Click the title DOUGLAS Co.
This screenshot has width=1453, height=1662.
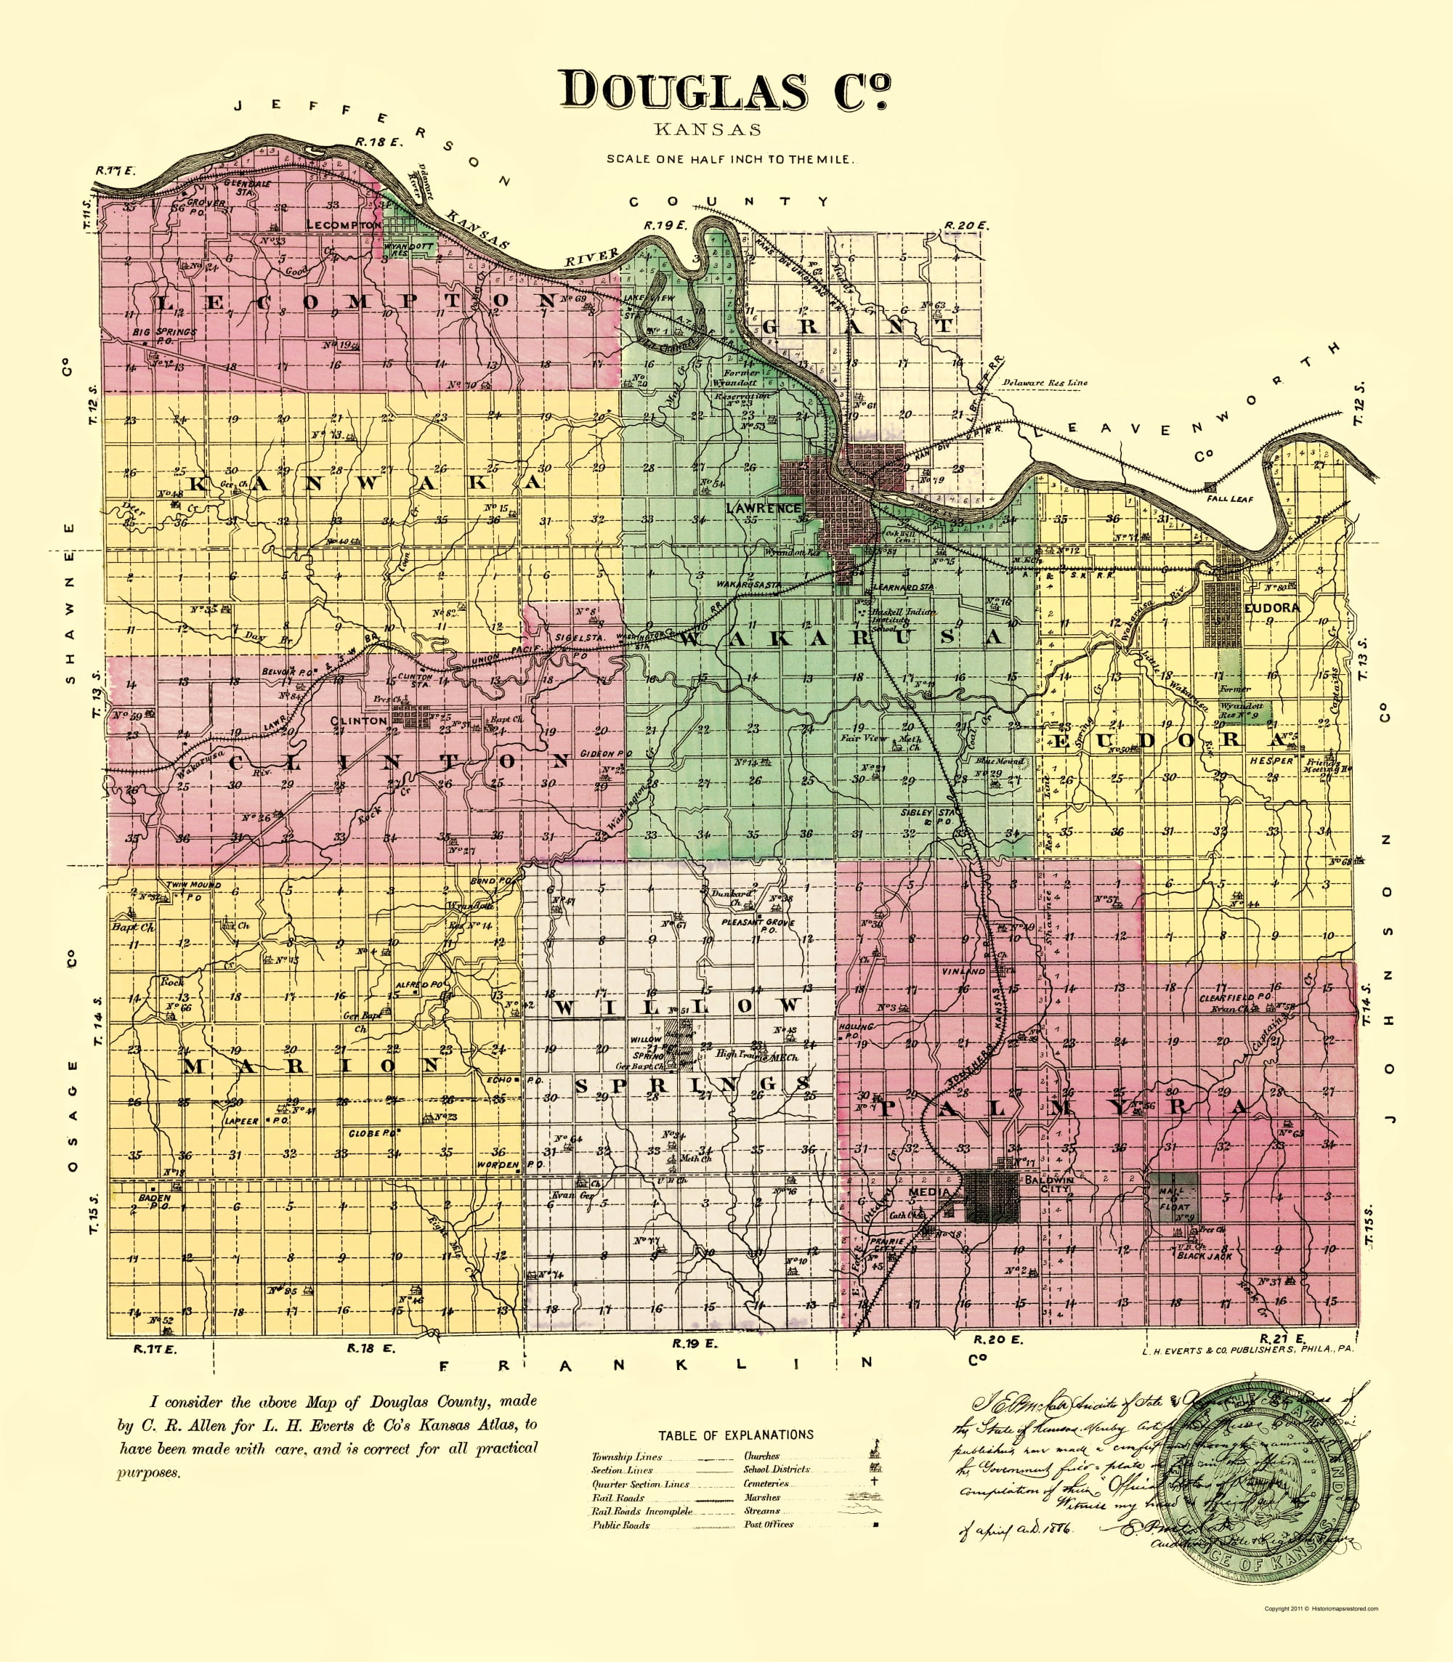click(724, 90)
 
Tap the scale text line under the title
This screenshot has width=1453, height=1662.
click(729, 159)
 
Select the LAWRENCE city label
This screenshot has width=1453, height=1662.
click(763, 508)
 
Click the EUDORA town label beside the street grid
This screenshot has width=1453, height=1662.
click(1271, 607)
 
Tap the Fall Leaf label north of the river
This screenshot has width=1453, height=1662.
click(1229, 498)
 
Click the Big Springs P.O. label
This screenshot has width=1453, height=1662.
click(165, 336)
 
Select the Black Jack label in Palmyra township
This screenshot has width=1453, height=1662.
click(1204, 1256)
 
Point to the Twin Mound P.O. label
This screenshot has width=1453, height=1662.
click(193, 889)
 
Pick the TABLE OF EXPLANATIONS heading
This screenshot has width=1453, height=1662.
click(735, 1435)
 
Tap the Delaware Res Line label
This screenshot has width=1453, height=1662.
click(1045, 383)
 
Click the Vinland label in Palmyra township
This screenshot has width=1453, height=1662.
click(963, 971)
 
